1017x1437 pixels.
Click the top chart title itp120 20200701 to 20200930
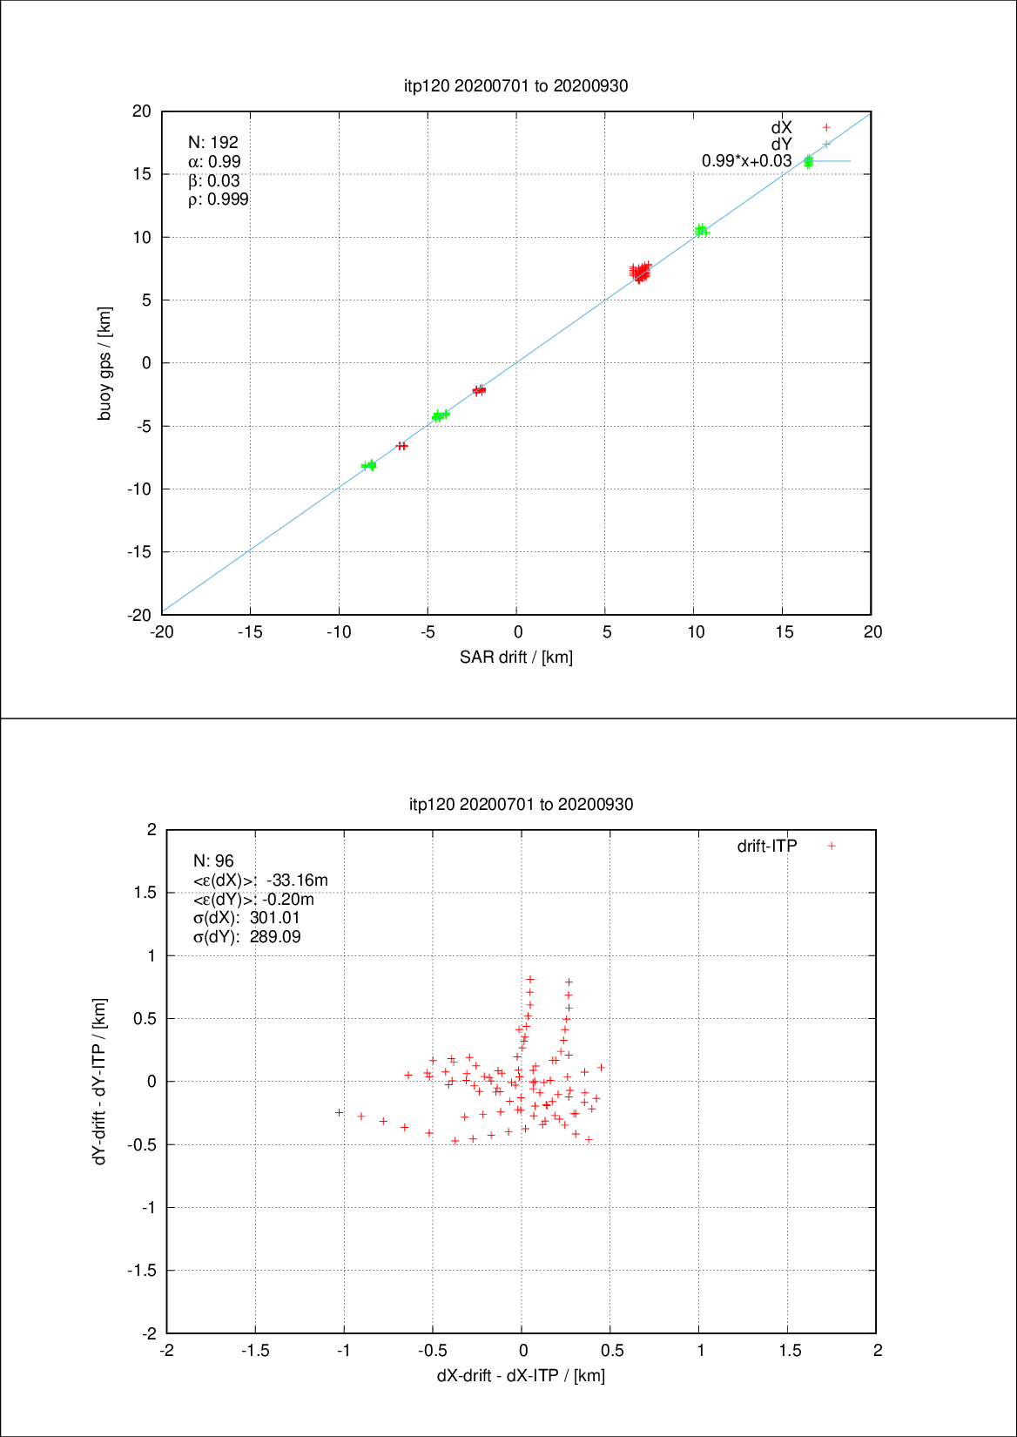515,85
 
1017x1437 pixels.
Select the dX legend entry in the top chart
782,128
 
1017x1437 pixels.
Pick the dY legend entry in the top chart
782,144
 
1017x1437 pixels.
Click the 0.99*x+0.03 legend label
746,161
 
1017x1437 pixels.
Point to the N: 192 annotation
213,142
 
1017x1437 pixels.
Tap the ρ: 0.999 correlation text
219,199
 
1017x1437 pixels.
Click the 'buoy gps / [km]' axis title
104,363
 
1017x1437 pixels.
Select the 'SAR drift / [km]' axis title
516,657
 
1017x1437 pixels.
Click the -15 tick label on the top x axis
250,632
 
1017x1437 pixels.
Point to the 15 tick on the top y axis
142,174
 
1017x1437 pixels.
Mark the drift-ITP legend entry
767,846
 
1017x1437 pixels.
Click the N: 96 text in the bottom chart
213,860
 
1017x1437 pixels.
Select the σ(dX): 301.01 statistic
246,918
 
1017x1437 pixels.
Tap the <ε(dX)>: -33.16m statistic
260,880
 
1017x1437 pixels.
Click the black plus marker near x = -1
340,1112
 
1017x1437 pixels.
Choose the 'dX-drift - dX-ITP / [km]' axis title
521,1375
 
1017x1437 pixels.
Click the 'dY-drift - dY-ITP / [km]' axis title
100,1081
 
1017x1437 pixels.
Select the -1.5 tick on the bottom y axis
143,1271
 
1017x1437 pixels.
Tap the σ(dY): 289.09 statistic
246,937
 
